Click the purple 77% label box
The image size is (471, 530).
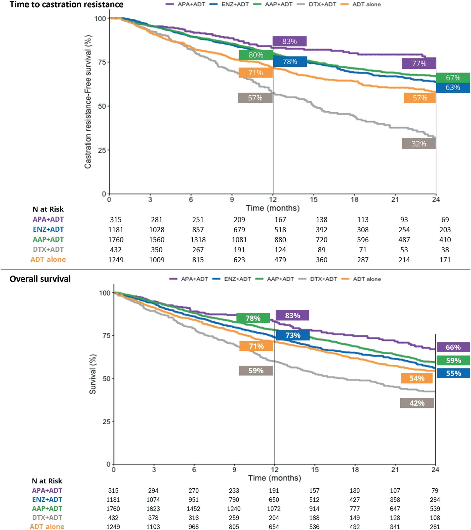tap(419, 63)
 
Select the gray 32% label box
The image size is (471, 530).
tap(419, 144)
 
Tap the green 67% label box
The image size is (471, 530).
tap(453, 77)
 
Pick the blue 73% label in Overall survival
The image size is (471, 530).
tap(293, 335)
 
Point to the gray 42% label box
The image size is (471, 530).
tap(417, 403)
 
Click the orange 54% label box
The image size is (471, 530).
tap(417, 378)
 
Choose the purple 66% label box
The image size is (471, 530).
tap(453, 347)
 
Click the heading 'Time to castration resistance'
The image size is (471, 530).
tap(66, 4)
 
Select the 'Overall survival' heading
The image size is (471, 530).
tap(40, 279)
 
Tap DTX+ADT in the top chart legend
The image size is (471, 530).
tap(322, 4)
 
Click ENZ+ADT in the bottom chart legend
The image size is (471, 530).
tap(237, 279)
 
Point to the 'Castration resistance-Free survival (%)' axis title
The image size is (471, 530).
tap(88, 102)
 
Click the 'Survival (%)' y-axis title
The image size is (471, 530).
tap(93, 374)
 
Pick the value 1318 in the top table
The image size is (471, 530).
tap(198, 240)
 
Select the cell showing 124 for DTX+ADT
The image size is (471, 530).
tap(280, 250)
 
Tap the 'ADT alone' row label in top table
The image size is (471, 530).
tap(48, 260)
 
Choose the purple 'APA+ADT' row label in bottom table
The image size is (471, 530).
tap(47, 490)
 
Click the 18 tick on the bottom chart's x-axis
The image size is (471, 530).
tap(355, 470)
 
